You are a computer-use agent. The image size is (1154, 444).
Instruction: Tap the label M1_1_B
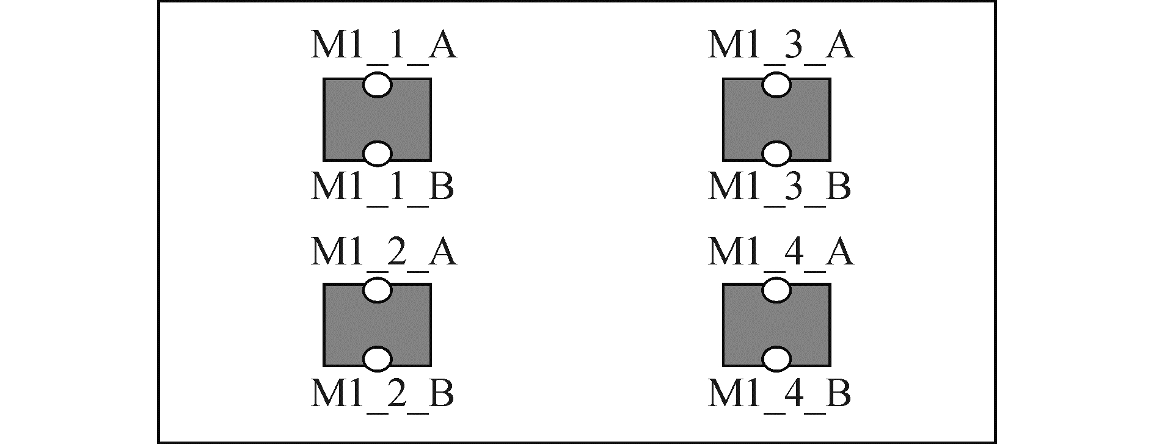coord(382,187)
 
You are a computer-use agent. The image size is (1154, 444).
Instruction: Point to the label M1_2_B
coord(382,393)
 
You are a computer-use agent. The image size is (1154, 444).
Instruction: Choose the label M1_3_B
coord(779,187)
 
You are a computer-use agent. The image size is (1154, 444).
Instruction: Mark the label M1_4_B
coord(779,393)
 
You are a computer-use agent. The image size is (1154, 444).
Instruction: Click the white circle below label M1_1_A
coord(377,85)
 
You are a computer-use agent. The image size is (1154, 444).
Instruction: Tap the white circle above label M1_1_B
coord(377,154)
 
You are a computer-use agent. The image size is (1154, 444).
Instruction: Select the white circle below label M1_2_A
coord(377,291)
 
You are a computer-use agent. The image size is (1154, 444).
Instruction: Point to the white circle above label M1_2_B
coord(377,359)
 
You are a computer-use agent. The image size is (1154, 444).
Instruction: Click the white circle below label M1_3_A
coord(776,85)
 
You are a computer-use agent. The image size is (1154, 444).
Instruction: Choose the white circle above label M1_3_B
coord(776,154)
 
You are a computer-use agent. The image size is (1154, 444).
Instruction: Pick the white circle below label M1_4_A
coord(776,291)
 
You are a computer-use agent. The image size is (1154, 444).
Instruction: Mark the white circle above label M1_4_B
coord(776,359)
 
